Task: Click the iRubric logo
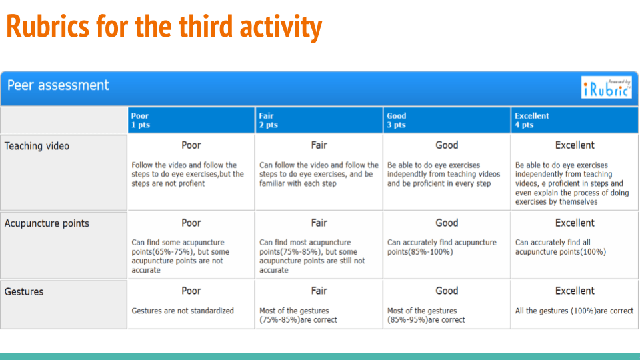click(607, 87)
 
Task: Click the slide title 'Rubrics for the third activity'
click(164, 27)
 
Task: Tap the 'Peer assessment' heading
click(58, 85)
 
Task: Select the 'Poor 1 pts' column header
click(141, 120)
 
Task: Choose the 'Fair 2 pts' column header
click(268, 120)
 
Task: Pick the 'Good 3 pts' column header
click(396, 120)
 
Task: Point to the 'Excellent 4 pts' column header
click(532, 120)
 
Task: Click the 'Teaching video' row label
click(37, 146)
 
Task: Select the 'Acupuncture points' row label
click(47, 224)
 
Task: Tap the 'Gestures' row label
click(24, 292)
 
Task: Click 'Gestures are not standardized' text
click(183, 311)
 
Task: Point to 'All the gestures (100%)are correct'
click(574, 311)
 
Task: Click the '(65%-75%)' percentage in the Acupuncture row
click(172, 252)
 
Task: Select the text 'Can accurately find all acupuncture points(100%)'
click(561, 247)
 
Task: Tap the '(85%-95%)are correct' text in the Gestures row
click(426, 320)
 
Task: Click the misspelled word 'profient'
click(190, 184)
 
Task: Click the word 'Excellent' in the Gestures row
click(575, 291)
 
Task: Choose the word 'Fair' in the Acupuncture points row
click(319, 223)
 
